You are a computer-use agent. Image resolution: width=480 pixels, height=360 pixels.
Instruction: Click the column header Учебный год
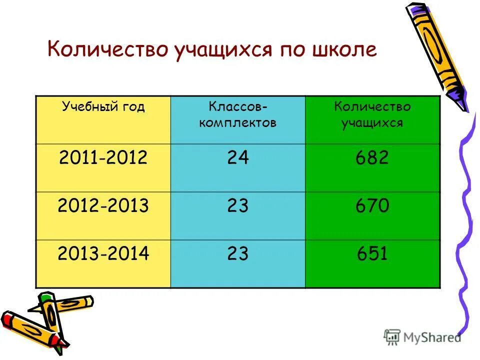(103, 107)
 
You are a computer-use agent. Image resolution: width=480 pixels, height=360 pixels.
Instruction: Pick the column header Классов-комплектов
(237, 115)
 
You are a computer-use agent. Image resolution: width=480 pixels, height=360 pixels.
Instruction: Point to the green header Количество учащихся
(372, 115)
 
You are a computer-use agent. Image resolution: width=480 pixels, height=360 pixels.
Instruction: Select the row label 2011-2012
(103, 158)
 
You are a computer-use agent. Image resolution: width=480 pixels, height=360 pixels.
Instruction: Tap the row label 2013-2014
(103, 254)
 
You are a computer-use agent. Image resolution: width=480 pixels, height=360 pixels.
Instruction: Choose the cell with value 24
(237, 158)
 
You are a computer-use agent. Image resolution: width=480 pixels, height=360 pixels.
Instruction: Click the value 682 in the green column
(372, 158)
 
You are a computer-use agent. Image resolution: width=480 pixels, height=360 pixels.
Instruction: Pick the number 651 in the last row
(372, 254)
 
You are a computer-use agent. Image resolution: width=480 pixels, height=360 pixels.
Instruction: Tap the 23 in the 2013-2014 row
(237, 254)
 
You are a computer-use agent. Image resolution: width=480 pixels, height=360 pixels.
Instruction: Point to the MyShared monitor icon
(392, 336)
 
